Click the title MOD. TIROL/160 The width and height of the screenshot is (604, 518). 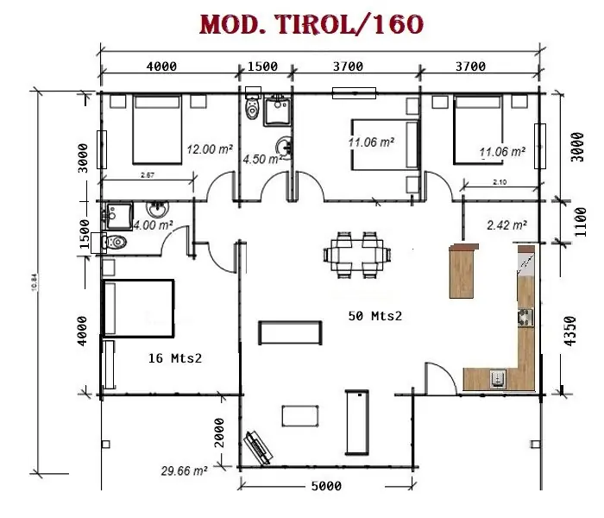coord(311,25)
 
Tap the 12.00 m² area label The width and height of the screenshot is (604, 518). coord(210,148)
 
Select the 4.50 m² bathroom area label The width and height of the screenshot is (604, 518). coord(262,159)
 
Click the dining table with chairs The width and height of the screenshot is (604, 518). coord(355,254)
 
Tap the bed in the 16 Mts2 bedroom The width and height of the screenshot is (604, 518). coord(137,306)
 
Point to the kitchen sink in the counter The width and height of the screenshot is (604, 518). coord(499,377)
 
